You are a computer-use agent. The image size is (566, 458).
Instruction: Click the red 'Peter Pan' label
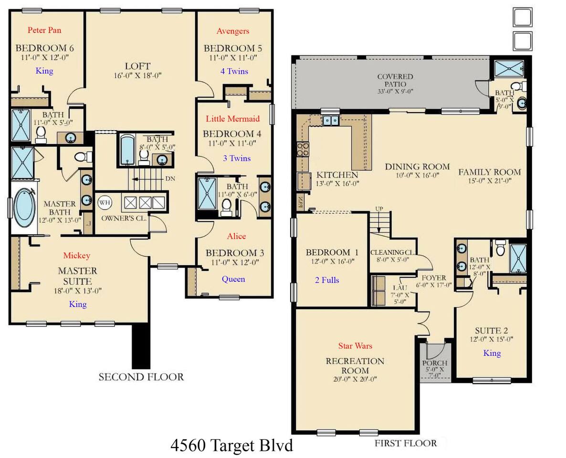coord(44,30)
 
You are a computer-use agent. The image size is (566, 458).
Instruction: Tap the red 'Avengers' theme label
coord(233,31)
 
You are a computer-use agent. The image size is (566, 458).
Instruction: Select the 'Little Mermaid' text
coord(233,119)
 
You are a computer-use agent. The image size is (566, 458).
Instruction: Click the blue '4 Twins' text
coord(234,71)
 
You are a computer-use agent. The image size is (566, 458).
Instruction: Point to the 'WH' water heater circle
coord(105,202)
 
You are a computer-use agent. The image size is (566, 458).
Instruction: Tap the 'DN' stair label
coord(170,178)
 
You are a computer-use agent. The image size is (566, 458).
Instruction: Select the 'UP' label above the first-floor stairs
coord(379,208)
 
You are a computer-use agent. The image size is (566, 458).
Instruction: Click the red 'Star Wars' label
coord(355,346)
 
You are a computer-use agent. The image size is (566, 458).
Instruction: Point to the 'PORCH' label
coord(435,363)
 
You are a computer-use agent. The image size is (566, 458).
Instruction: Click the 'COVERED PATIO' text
coord(395,80)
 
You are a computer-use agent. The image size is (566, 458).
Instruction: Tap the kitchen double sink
coord(331,120)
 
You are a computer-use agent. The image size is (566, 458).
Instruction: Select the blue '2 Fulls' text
coord(327,280)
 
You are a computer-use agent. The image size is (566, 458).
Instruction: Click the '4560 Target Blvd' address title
coord(232,445)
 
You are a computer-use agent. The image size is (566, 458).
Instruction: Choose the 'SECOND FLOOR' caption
coord(141,377)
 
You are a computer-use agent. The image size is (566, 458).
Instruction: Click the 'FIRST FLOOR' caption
coord(406,443)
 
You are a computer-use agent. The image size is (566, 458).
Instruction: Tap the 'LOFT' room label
coord(137,66)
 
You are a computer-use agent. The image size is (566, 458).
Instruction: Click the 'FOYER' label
coord(434,278)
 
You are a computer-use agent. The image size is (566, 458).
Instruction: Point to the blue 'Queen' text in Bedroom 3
coord(233,279)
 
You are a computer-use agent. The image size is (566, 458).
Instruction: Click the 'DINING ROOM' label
coord(417,167)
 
